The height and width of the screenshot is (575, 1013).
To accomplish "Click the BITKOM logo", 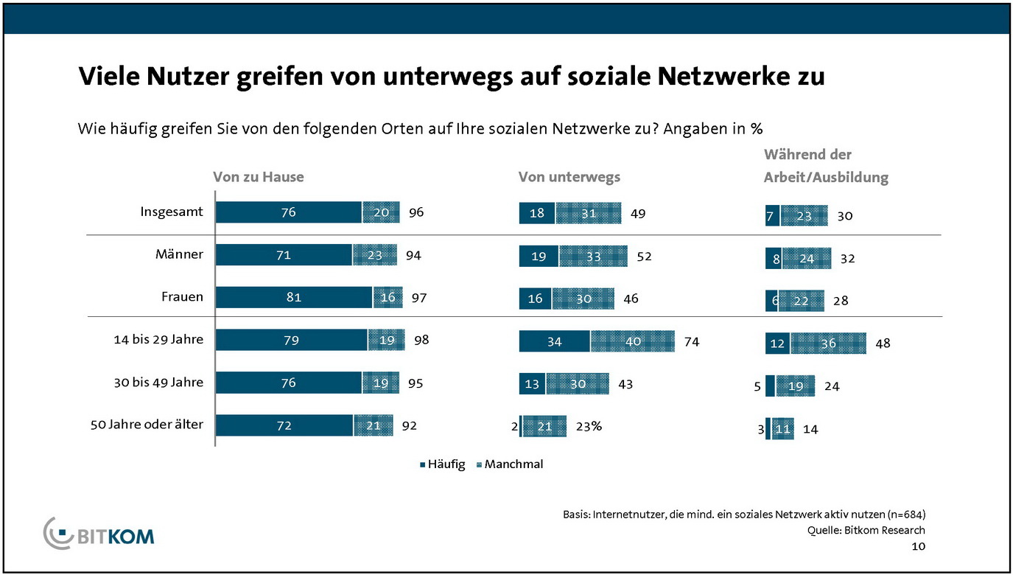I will click(x=99, y=532).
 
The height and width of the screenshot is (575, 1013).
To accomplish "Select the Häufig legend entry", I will click(x=442, y=464).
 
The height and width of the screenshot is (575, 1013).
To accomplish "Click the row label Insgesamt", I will click(x=172, y=212).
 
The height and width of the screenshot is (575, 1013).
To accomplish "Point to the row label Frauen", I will click(x=182, y=298).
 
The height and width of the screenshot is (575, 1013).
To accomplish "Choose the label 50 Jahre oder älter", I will click(x=147, y=425).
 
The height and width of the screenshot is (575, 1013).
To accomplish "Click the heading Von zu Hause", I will click(x=258, y=177).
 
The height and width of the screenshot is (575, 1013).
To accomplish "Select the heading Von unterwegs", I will click(x=569, y=177).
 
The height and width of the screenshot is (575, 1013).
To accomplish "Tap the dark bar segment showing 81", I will click(x=293, y=298).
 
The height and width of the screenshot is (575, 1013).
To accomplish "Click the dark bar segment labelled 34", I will click(x=555, y=342).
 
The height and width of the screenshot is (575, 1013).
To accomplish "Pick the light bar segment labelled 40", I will click(x=632, y=342).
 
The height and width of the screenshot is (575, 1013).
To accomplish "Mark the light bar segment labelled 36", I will click(x=828, y=344).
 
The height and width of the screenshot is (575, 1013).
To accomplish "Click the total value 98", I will click(x=421, y=341).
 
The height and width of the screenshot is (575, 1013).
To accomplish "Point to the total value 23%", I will click(x=589, y=426).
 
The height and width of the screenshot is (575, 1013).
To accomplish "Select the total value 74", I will click(x=691, y=342).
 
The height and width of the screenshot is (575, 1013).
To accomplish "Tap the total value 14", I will click(x=810, y=429).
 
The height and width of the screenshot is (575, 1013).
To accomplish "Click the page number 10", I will click(x=918, y=547).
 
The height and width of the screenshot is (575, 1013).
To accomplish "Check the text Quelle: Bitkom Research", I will click(x=866, y=530).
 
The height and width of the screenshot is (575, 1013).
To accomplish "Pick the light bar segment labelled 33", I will click(x=593, y=257).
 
